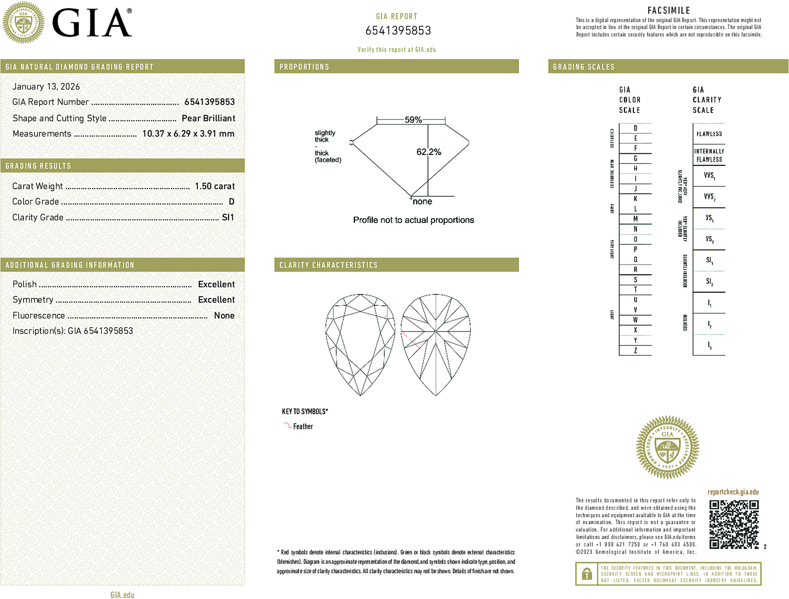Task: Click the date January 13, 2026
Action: click(46, 86)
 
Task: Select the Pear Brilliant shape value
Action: click(208, 118)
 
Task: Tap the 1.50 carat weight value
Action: click(214, 186)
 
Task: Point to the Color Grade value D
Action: click(231, 202)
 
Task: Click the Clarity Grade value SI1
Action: click(227, 217)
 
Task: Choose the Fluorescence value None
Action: click(224, 316)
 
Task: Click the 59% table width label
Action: click(413, 120)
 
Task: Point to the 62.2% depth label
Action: click(428, 152)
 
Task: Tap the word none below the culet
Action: click(422, 202)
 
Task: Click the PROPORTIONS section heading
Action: click(304, 67)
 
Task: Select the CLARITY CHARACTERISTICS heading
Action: click(329, 265)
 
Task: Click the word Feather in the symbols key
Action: click(303, 426)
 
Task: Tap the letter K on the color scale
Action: click(635, 199)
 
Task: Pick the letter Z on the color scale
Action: click(635, 350)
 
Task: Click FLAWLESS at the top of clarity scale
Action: click(709, 134)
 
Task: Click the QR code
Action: click(734, 524)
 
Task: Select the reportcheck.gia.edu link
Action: click(733, 492)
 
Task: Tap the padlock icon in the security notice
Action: click(586, 574)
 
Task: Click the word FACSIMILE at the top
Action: click(669, 11)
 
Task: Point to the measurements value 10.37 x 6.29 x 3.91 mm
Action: click(188, 134)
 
